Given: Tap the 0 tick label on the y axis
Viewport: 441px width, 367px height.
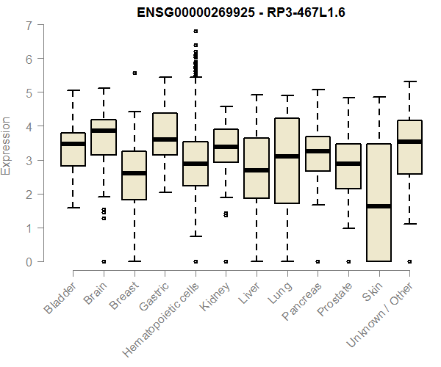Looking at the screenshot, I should (x=29, y=261).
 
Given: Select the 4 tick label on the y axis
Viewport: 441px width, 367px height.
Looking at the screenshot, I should (x=29, y=126).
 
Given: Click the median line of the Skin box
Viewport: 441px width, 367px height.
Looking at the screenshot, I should (x=379, y=206).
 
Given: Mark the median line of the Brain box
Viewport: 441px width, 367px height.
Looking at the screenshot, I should (x=104, y=131).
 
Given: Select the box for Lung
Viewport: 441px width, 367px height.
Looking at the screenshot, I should (x=287, y=160).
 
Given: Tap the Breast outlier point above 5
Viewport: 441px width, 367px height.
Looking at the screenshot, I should (x=135, y=73).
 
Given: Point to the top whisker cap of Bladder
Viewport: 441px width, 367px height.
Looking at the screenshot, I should (x=73, y=90).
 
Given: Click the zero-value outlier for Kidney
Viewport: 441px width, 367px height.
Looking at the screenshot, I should (x=226, y=261).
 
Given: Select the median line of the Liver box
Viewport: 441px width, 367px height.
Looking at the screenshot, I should (x=257, y=170).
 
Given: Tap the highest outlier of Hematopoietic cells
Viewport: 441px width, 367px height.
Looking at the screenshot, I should (x=196, y=32).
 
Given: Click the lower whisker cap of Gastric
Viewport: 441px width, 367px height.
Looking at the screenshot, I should (x=165, y=192).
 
